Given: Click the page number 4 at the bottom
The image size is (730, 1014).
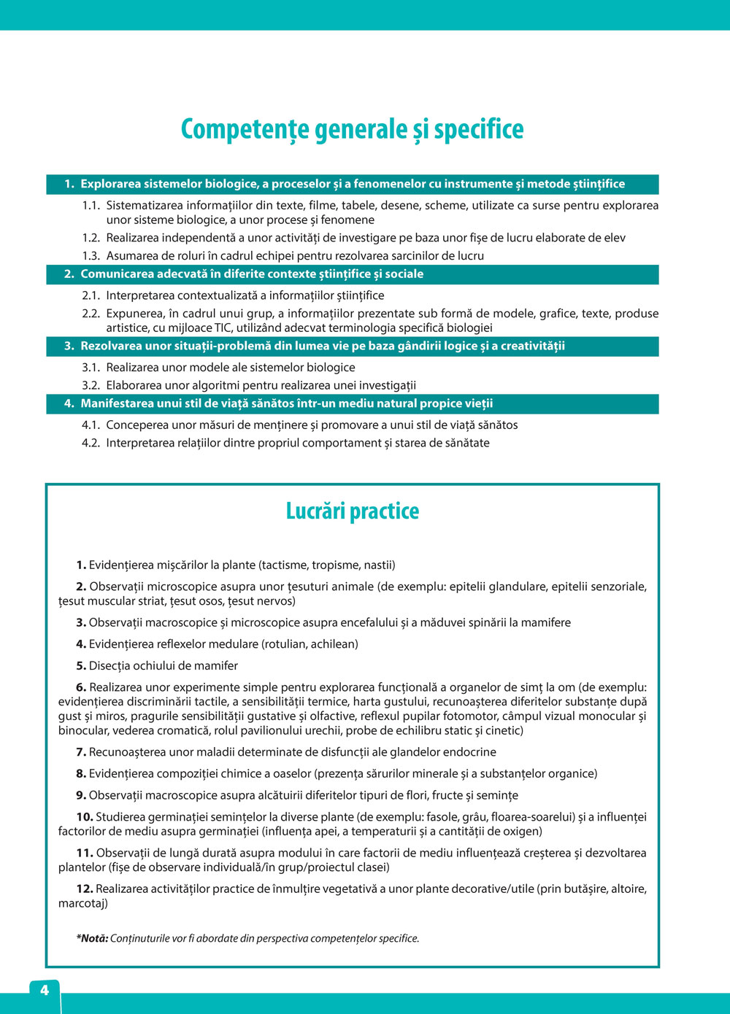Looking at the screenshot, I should coord(45,990).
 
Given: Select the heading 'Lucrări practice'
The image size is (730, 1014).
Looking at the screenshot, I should coord(353,511).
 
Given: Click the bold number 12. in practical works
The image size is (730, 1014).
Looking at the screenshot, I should coord(85,889).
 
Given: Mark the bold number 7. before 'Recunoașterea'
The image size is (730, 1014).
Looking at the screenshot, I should coord(81,752).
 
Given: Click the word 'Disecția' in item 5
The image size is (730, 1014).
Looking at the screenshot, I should coord(110,665).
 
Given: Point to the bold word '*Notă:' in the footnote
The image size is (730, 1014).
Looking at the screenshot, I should coord(92,938).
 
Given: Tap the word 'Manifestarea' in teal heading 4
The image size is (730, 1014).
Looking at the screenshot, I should coord(116,403).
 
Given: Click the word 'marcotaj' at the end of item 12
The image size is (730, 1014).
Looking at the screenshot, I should coord(82,903).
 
